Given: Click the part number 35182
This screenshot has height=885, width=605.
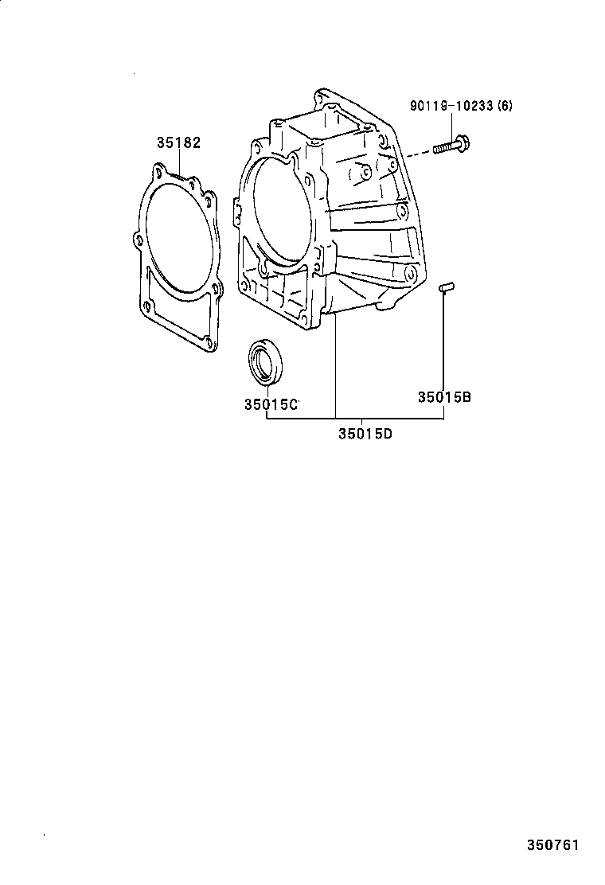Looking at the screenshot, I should click(178, 143).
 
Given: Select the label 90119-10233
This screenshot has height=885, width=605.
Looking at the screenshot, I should click(451, 105).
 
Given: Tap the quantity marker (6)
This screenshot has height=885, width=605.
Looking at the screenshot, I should click(504, 105).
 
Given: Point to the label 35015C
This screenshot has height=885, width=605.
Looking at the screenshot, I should click(270, 404).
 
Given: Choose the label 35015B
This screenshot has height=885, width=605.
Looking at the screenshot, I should click(444, 396).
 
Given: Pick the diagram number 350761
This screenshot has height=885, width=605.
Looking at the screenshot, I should click(551, 844).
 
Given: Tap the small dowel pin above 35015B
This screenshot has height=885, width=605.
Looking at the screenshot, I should click(447, 287).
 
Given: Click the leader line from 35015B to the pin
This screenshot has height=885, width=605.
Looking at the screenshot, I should click(443, 342).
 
